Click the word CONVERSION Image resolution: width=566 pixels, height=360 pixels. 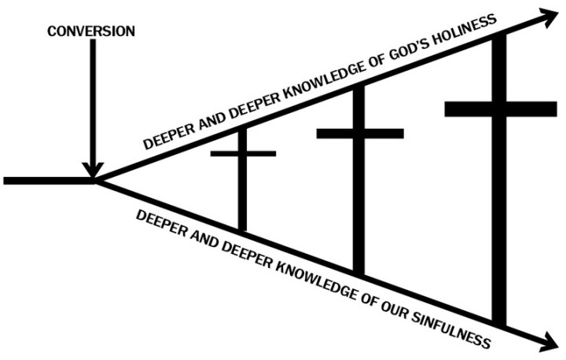click(91, 31)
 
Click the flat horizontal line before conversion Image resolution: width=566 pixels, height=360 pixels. click(47, 180)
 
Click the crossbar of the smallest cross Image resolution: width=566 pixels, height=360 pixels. click(243, 153)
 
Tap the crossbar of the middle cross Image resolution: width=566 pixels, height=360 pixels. click(359, 133)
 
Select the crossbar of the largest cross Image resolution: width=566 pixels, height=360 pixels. click(500, 108)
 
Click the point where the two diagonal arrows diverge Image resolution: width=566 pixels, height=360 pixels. click(97, 181)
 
